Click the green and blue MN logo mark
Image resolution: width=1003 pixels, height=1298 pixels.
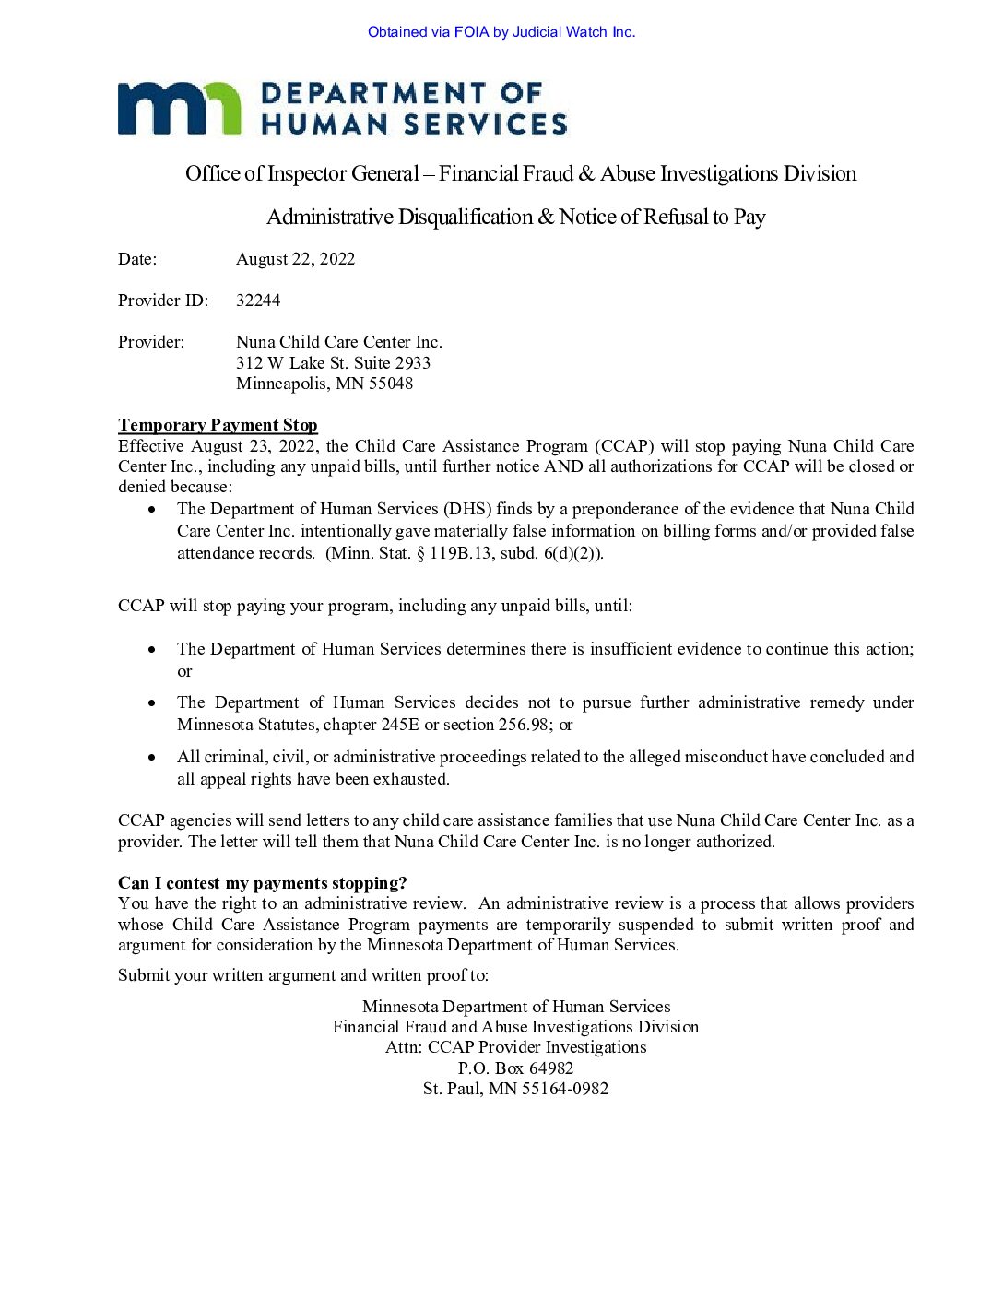pos(179,108)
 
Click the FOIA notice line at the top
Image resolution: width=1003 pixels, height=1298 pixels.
pos(501,32)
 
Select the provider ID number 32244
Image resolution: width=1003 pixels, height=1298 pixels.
pos(258,301)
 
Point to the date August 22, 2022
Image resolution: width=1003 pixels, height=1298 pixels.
pos(295,259)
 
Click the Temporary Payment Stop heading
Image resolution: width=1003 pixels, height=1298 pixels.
pos(218,425)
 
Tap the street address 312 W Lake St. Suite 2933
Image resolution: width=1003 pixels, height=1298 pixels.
pos(333,363)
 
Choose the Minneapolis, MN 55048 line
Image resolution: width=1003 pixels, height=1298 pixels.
pos(324,383)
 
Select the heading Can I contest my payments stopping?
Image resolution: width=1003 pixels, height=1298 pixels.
pos(262,883)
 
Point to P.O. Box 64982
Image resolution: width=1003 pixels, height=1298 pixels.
pos(515,1068)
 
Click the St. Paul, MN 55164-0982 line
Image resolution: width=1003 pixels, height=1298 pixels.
pos(515,1089)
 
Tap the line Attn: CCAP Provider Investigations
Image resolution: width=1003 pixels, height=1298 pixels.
pos(515,1047)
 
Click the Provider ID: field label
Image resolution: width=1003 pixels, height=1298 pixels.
pos(163,301)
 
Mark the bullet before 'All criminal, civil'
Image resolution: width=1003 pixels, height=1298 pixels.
pos(152,757)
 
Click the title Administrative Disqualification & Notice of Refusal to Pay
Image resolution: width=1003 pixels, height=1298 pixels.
pos(516,218)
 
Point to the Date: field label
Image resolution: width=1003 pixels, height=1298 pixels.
pos(137,259)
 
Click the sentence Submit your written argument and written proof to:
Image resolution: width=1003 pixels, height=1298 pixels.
pos(303,975)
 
